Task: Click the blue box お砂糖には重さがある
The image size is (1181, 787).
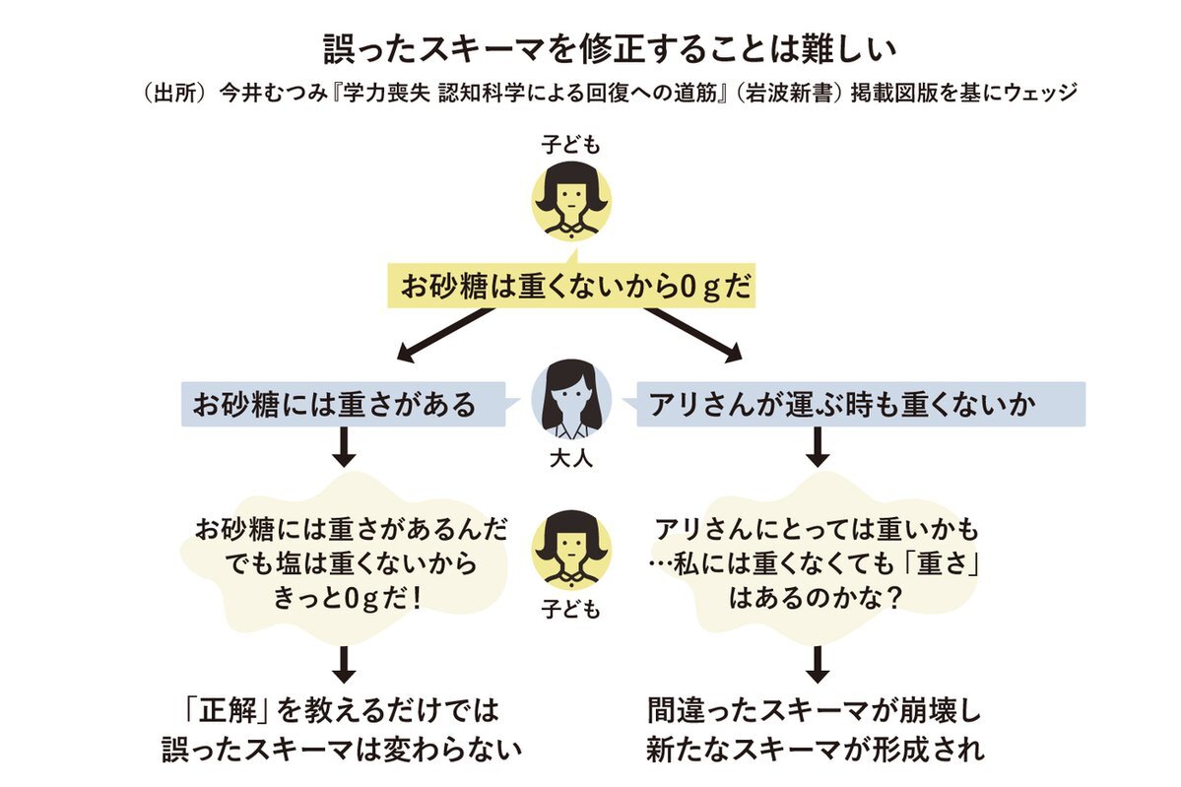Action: coord(335,404)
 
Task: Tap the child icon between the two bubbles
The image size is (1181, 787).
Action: coord(570,550)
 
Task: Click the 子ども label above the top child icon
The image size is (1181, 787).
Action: coord(570,146)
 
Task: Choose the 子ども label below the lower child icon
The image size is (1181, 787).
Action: coord(570,610)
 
